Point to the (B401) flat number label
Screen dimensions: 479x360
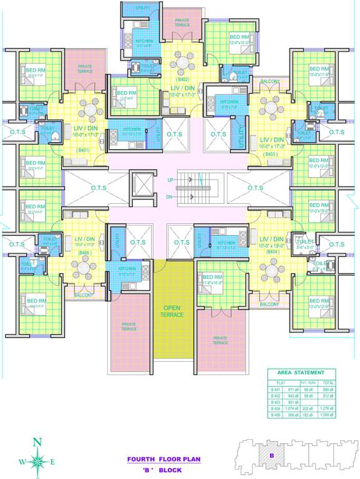pyautogui.click(x=82, y=150)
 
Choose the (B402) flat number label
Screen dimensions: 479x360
pyautogui.click(x=183, y=80)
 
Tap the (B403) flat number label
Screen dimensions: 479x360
pyautogui.click(x=270, y=153)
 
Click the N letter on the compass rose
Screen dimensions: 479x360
pyautogui.click(x=37, y=442)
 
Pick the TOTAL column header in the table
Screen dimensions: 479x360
pyautogui.click(x=328, y=383)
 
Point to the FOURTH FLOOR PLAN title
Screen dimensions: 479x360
pyautogui.click(x=165, y=459)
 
